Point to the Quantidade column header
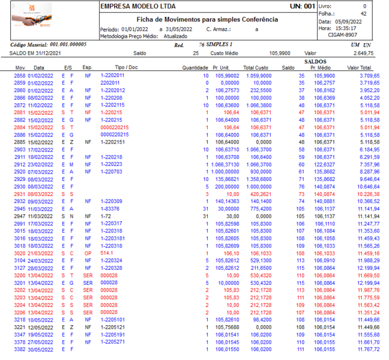point(195,68)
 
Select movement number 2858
point(20,76)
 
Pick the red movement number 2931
point(20,194)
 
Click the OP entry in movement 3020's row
point(88,253)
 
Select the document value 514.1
point(107,253)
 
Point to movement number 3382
point(20,349)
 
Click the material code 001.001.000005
point(65,44)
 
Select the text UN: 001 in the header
point(302,6)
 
